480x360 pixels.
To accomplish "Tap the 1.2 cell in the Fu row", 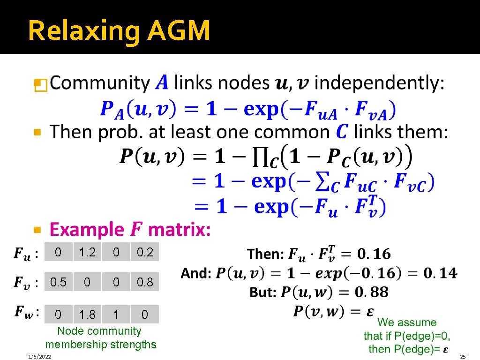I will (87, 252).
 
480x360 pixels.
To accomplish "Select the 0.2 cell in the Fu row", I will (145, 252).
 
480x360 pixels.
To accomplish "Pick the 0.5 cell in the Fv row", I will (58, 282).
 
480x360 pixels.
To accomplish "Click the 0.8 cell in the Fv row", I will (145, 282).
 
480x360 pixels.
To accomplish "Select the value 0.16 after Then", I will (373, 254).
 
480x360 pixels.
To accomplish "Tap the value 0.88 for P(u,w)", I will (371, 292).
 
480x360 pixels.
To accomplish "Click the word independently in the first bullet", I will (379, 83).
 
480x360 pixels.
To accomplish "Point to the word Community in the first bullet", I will (99, 83).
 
